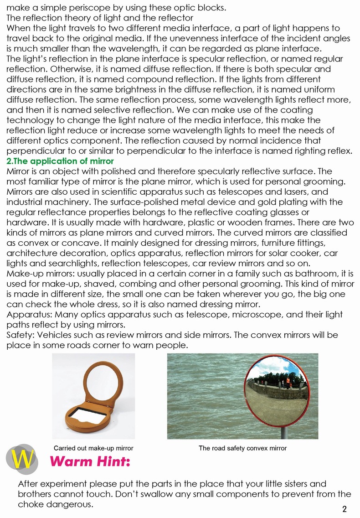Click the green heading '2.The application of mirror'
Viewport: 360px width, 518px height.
pyautogui.click(x=60, y=162)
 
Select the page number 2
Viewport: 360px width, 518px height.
pyautogui.click(x=345, y=509)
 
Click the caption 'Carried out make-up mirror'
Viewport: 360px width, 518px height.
pyautogui.click(x=93, y=448)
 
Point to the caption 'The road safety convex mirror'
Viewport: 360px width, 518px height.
pyautogui.click(x=242, y=448)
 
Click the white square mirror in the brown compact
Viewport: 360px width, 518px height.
pyautogui.click(x=87, y=414)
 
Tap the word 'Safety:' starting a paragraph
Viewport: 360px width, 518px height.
pyautogui.click(x=21, y=335)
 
